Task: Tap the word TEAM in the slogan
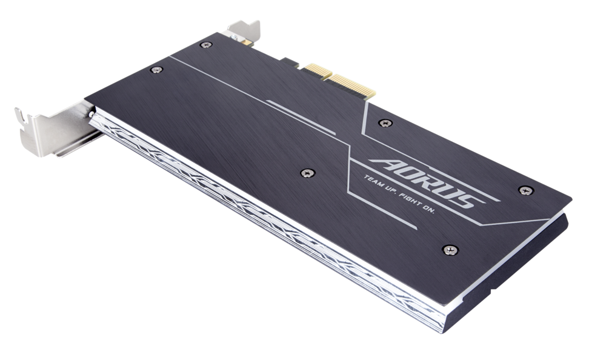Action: coord(373,181)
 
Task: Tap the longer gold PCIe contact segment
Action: coord(350,86)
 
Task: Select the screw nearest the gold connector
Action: coord(385,123)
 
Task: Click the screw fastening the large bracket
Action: coord(92,115)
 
